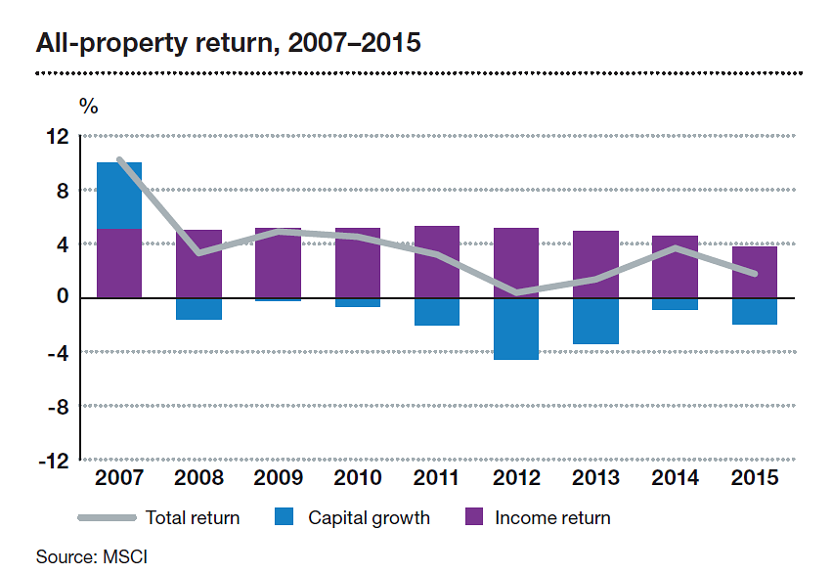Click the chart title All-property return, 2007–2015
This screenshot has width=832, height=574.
228,44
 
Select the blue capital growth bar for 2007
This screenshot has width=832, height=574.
118,196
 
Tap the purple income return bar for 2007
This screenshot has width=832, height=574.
118,263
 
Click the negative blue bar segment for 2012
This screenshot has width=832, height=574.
516,329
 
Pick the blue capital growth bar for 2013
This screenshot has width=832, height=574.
595,321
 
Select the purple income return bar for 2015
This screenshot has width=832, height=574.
754,272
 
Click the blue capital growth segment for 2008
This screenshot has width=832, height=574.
198,309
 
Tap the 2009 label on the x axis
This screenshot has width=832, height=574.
278,478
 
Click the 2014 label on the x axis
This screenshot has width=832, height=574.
675,478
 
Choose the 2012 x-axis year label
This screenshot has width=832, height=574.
516,478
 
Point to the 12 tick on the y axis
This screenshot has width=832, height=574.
60,137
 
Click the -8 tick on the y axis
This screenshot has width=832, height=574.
57,406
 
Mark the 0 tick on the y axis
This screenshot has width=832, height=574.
64,298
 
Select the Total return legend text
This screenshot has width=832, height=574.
192,518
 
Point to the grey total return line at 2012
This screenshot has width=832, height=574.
516,291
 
